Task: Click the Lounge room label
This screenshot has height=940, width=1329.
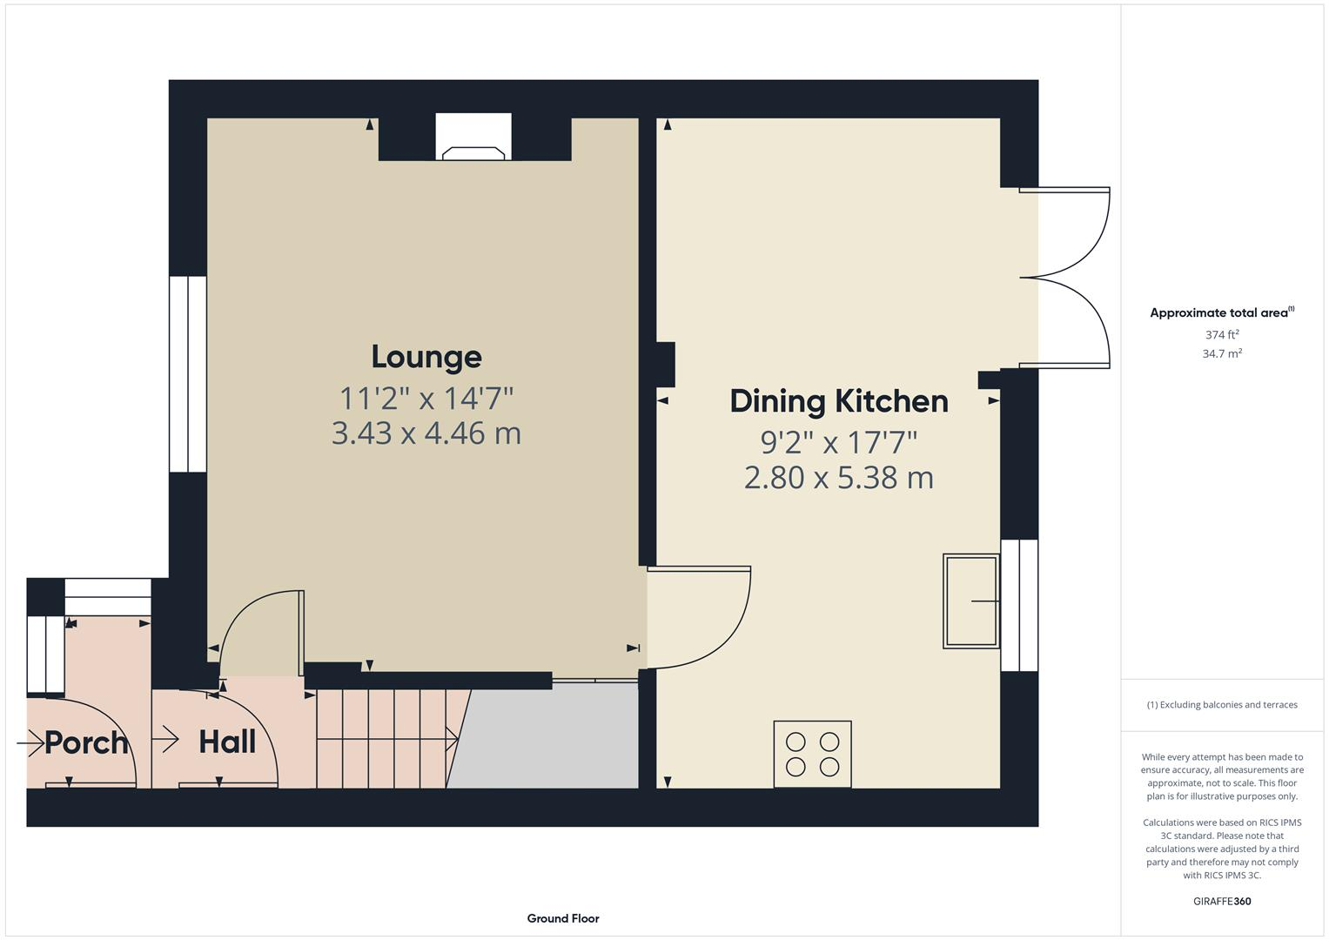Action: (426, 357)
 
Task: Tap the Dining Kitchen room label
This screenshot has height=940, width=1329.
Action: (838, 401)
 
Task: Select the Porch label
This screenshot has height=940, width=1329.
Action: (86, 742)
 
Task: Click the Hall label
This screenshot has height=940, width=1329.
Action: (227, 742)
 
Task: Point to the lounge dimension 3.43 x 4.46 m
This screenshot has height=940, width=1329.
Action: (426, 433)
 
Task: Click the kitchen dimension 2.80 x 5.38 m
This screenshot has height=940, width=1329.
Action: (838, 478)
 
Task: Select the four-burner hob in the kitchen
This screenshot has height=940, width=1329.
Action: (812, 754)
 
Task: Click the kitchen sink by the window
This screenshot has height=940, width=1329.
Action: (970, 601)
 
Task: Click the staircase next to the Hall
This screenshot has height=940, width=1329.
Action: (387, 739)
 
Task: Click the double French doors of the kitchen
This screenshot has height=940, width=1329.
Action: (1066, 278)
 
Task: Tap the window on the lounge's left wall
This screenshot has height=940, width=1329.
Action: (187, 374)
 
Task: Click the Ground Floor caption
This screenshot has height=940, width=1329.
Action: (562, 918)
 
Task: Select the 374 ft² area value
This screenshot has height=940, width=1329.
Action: (1221, 335)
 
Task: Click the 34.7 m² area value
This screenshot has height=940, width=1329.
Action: (1221, 354)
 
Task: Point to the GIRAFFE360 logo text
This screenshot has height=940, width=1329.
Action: (1221, 901)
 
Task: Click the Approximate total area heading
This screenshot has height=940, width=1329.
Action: (1221, 313)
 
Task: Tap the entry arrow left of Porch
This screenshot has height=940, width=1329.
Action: (30, 742)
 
